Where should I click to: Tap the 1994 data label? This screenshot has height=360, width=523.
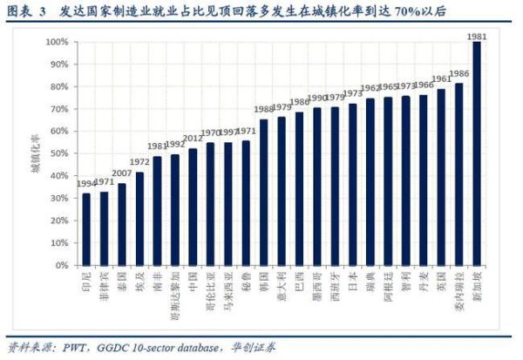(x=85, y=185)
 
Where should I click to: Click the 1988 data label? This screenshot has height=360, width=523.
(x=263, y=110)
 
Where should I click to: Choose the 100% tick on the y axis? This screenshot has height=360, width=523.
(x=58, y=42)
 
